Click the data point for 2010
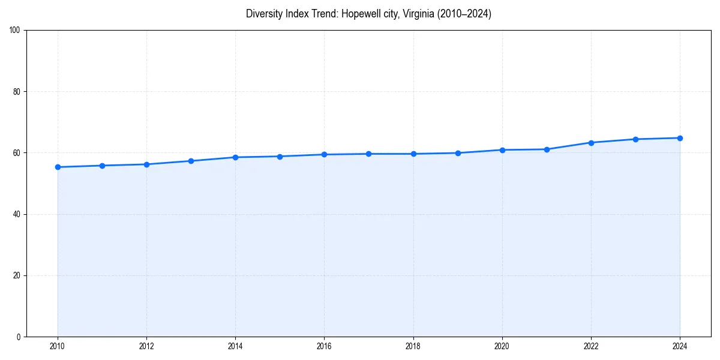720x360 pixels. pyautogui.click(x=58, y=167)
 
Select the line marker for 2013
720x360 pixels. pyautogui.click(x=191, y=161)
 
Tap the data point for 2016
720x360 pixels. pyautogui.click(x=324, y=154)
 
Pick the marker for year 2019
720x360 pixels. pyautogui.click(x=458, y=153)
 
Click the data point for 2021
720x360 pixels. pyautogui.click(x=547, y=149)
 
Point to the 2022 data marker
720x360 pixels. pyautogui.click(x=591, y=143)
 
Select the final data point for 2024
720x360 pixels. pyautogui.click(x=680, y=138)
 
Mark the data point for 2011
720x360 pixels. pyautogui.click(x=102, y=166)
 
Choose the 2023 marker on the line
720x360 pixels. pyautogui.click(x=635, y=139)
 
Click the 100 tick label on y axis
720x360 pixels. pyautogui.click(x=16, y=31)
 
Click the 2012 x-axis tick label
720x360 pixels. pyautogui.click(x=146, y=346)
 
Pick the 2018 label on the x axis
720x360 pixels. pyautogui.click(x=413, y=346)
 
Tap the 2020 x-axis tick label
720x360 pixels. pyautogui.click(x=502, y=346)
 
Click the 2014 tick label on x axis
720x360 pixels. pyautogui.click(x=235, y=346)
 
